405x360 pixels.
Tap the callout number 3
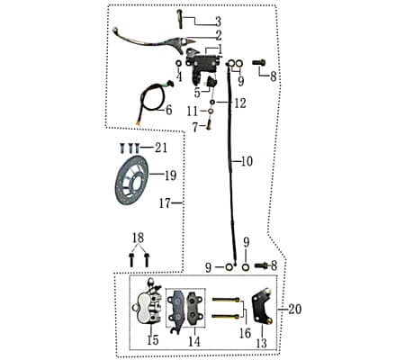[x=217, y=21]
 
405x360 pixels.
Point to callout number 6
[x=168, y=110]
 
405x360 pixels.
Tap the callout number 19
[x=170, y=175]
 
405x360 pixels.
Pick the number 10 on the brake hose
[x=247, y=161]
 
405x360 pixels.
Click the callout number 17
[x=165, y=203]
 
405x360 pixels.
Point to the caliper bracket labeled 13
[x=262, y=309]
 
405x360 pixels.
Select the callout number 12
[x=239, y=103]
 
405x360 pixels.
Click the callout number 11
[x=192, y=110]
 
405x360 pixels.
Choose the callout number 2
[x=217, y=34]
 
